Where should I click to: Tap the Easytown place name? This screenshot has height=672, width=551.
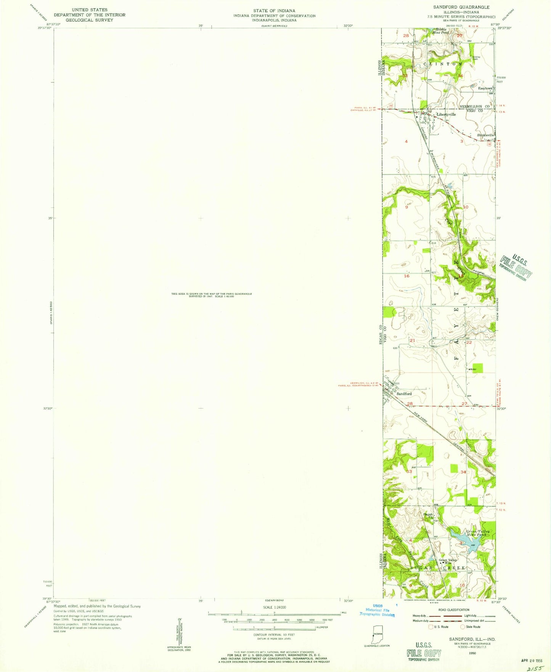tap(485, 88)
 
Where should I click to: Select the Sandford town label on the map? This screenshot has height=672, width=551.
tap(404, 394)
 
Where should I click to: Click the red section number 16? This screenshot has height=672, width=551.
tap(407, 276)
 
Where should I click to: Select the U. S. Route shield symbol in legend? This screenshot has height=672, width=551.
tap(431, 627)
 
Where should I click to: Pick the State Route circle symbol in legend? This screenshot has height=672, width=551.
tap(463, 627)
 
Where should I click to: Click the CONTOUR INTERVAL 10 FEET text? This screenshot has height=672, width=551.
tap(274, 635)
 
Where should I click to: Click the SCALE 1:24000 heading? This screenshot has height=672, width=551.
tap(274, 607)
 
